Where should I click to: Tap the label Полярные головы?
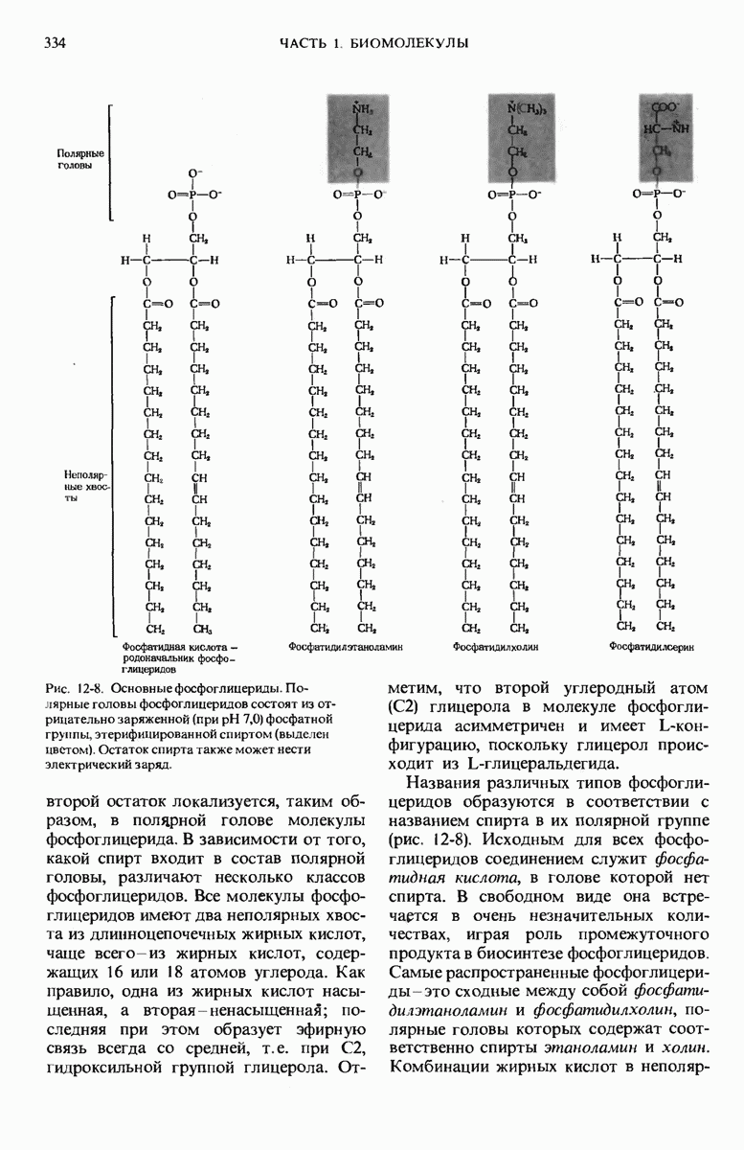point(80,159)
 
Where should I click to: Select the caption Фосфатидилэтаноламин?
point(340,648)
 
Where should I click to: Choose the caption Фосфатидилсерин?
point(651,648)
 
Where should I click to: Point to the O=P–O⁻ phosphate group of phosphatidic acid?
point(195,194)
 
